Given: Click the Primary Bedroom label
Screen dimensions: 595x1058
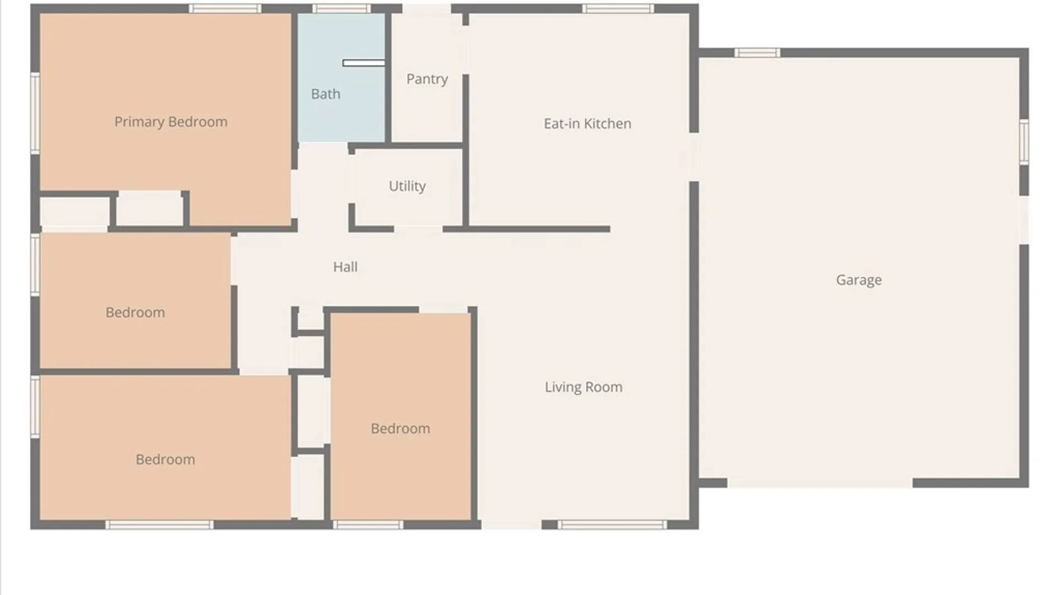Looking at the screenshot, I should coord(171,122).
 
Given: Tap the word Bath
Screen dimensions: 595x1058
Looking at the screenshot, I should coord(326,94).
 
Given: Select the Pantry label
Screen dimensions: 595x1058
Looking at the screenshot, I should coord(427,79).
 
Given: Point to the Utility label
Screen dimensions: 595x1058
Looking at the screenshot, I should coord(407,186).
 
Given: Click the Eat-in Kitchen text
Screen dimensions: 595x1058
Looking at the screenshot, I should coord(587,124).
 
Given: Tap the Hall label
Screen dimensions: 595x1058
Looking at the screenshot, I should coord(345,267).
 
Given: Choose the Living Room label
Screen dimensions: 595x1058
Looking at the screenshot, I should coord(584,387).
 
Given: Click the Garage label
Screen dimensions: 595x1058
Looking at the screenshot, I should coord(859,280).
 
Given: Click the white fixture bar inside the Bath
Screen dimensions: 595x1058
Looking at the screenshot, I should coord(364,63).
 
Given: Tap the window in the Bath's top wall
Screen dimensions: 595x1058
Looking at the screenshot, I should coord(342,8).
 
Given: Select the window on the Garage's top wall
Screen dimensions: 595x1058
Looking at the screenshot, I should coord(757,53).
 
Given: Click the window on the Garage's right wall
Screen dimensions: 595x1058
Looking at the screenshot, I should coord(1024,142).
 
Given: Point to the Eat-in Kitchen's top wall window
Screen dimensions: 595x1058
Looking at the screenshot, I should coord(618,8).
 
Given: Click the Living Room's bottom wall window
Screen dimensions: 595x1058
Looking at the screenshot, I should coord(612,525).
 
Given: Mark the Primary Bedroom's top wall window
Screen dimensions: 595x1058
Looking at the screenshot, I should coord(225,8).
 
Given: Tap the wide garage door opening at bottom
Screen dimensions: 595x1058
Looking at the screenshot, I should coord(820,483).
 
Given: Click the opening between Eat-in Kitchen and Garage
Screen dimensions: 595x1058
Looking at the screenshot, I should coord(694,157).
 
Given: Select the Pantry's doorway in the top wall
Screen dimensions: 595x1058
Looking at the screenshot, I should coord(427,9).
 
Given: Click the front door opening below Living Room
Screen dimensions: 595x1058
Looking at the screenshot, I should coord(511,525).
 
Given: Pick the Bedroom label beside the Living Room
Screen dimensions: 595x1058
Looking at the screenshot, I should coord(401,429).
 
